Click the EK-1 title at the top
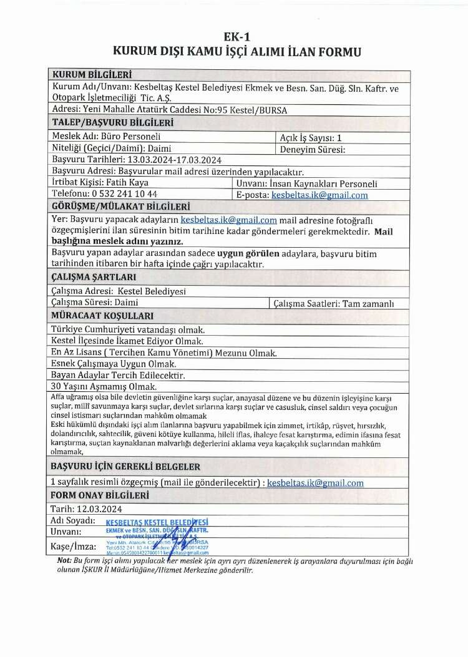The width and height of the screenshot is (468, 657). click(233, 37)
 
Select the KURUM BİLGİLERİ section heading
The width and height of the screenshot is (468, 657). click(92, 75)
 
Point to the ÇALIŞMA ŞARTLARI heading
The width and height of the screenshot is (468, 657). click(94, 277)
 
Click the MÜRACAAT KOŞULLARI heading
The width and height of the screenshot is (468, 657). click(102, 315)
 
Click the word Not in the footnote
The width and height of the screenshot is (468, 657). click(64, 560)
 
